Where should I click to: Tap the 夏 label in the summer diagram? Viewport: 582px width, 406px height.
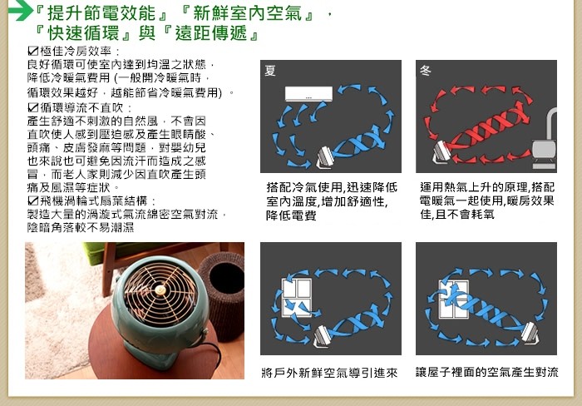(x=270, y=70)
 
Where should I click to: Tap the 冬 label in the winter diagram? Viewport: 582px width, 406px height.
(x=426, y=70)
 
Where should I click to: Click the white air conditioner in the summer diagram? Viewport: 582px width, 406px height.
(x=308, y=94)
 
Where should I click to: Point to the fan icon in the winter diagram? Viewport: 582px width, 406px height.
(x=441, y=152)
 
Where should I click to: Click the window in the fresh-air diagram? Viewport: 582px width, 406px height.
(x=297, y=298)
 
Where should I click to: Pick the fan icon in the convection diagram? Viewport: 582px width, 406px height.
(x=530, y=332)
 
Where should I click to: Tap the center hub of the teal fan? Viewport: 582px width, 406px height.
(x=160, y=290)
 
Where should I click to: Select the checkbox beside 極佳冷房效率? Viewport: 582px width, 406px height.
(x=33, y=51)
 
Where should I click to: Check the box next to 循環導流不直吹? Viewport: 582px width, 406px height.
(x=33, y=107)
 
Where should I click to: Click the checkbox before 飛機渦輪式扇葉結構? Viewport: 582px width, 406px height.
(x=33, y=201)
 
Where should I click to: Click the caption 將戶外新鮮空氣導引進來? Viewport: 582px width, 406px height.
(x=329, y=372)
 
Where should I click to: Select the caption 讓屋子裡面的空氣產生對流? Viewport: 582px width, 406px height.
(x=487, y=372)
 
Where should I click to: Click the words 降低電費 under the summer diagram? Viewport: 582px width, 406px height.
(x=291, y=215)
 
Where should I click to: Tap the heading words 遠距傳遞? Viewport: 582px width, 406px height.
(x=211, y=33)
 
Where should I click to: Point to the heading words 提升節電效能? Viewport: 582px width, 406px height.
(x=101, y=13)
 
